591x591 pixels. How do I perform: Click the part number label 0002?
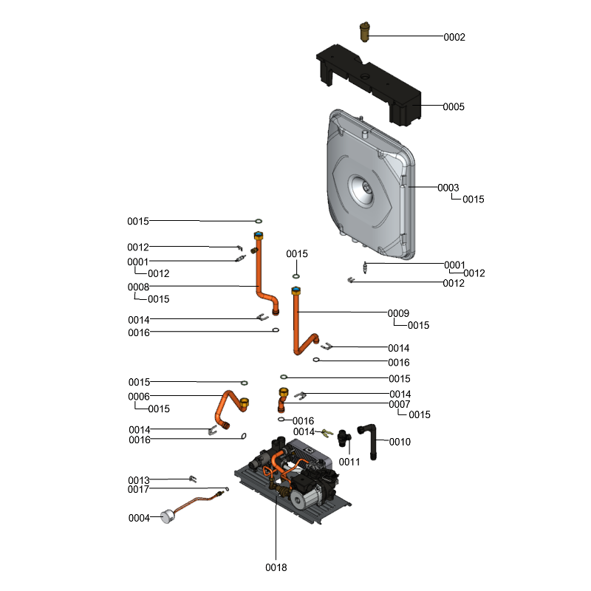pyautogui.click(x=454, y=37)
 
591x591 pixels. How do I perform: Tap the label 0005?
pyautogui.click(x=454, y=107)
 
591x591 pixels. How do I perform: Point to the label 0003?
pyautogui.click(x=448, y=188)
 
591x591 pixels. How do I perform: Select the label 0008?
pyautogui.click(x=138, y=287)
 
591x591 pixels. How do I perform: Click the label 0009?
pyautogui.click(x=398, y=313)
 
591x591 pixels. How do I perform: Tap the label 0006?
pyautogui.click(x=139, y=397)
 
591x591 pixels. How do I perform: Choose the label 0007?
pyautogui.click(x=400, y=404)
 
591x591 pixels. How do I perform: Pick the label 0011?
pyautogui.click(x=349, y=462)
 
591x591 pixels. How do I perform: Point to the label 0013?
pyautogui.click(x=138, y=480)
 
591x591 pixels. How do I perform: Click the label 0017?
pyautogui.click(x=138, y=489)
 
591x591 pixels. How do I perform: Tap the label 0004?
pyautogui.click(x=139, y=518)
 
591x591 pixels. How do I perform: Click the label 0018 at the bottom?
pyautogui.click(x=276, y=567)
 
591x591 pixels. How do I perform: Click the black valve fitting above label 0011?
pyautogui.click(x=343, y=437)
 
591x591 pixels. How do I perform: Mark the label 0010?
pyautogui.click(x=400, y=442)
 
